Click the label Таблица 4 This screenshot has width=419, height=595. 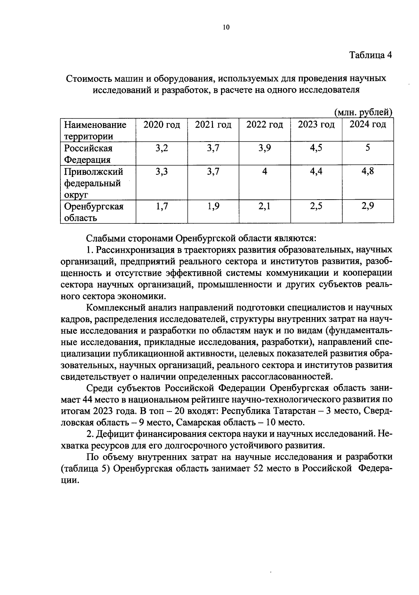371,55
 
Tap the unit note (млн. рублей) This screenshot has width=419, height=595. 363,113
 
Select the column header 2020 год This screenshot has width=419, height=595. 162,125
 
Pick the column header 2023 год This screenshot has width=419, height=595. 316,125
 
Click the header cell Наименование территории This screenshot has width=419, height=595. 95,130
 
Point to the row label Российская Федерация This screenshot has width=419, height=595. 88,154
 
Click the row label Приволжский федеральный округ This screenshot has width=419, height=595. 93,183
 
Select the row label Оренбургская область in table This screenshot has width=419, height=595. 94,212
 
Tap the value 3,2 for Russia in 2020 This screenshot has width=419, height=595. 162,148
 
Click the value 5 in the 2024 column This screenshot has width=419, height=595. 368,148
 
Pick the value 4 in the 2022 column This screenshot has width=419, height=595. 265,172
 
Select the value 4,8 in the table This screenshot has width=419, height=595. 368,171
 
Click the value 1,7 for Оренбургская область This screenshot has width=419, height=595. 162,206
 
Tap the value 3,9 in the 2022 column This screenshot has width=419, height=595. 265,148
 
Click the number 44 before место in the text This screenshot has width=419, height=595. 87,399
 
